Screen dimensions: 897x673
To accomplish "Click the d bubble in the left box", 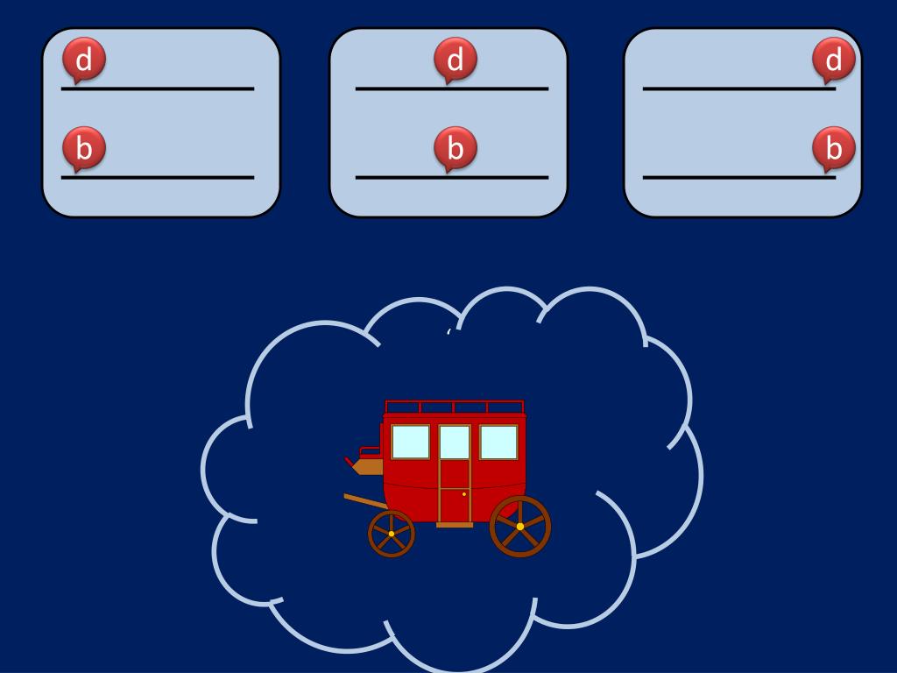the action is pos(84,60).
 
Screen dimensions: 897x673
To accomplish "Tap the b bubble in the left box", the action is pos(84,148).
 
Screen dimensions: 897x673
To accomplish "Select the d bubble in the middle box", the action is pos(456,60).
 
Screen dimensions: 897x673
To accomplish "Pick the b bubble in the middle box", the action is pos(456,148).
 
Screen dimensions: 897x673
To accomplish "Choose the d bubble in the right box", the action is pos(834,60).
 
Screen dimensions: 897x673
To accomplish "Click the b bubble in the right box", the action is pos(834,148).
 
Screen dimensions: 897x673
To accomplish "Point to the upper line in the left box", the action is pos(158,89).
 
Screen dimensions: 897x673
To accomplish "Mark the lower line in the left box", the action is pos(158,177).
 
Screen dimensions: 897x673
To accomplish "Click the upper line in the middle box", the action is pos(452,89).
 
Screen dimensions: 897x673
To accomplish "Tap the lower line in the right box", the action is pos(739,177).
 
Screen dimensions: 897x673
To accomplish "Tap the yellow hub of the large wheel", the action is pos(519,527).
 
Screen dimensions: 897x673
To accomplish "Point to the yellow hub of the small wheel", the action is pos(391,534).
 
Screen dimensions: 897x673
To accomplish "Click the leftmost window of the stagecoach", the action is pos(410,442).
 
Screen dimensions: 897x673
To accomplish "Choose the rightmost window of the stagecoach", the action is pos(498,442).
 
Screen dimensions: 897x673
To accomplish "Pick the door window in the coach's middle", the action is pos(455,442).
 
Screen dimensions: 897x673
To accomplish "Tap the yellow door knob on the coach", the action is pos(464,494).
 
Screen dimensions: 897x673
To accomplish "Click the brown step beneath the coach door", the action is pos(455,525).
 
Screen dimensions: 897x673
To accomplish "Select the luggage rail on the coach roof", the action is pos(454,406).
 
